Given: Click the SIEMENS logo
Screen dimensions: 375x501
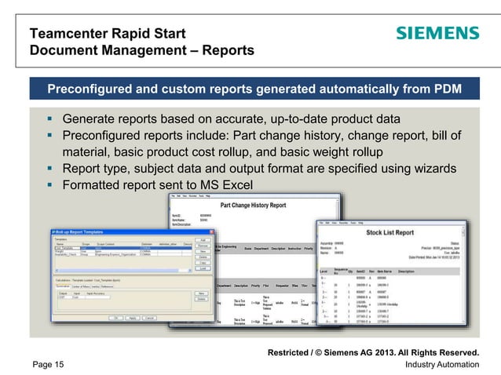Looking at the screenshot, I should coord(437,34).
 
